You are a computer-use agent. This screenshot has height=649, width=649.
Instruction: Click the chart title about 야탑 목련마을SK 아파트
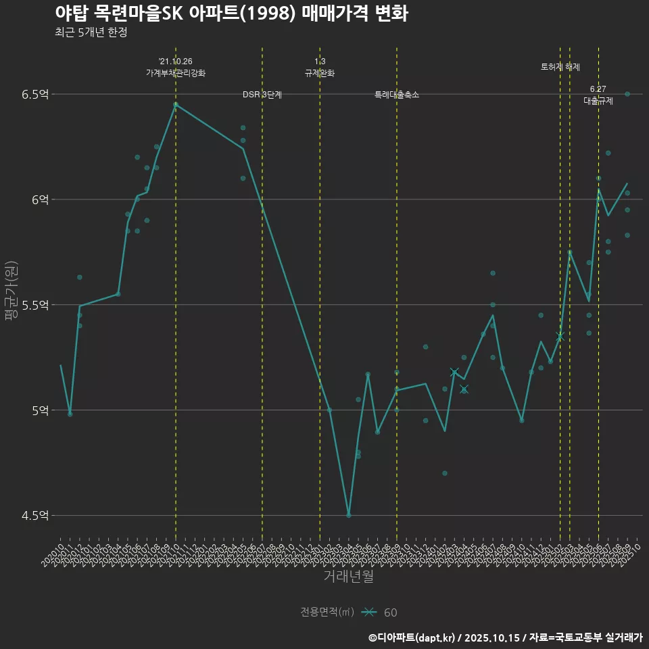point(231,14)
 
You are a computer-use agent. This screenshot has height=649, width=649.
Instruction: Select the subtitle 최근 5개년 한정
point(91,32)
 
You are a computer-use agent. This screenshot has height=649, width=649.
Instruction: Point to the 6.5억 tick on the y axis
point(35,94)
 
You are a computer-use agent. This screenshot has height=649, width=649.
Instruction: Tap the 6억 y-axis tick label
point(39,199)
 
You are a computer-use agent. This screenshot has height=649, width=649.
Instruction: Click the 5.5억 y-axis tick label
point(35,305)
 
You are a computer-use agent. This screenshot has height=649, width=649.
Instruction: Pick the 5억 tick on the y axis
point(39,410)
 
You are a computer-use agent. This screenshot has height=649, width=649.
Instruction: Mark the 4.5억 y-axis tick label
point(35,516)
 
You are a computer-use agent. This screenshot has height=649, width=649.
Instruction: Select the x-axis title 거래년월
point(348,577)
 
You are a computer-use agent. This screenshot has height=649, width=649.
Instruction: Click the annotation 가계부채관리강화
point(176,73)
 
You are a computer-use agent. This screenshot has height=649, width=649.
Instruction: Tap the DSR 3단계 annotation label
point(262,95)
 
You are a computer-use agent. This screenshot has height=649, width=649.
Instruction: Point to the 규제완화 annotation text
point(320,73)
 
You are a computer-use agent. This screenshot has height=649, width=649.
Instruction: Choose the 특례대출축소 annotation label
point(397,95)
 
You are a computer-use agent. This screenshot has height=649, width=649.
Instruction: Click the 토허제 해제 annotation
point(560,67)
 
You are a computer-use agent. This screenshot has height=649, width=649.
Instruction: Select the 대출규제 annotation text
point(598,101)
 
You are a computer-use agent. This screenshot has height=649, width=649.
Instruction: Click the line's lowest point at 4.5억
point(349,515)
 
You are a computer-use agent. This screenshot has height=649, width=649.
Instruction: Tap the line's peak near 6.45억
point(176,104)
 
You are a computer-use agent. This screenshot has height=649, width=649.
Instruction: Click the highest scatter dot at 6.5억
point(627,94)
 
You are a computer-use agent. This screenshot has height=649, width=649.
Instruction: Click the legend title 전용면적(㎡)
point(327,612)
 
